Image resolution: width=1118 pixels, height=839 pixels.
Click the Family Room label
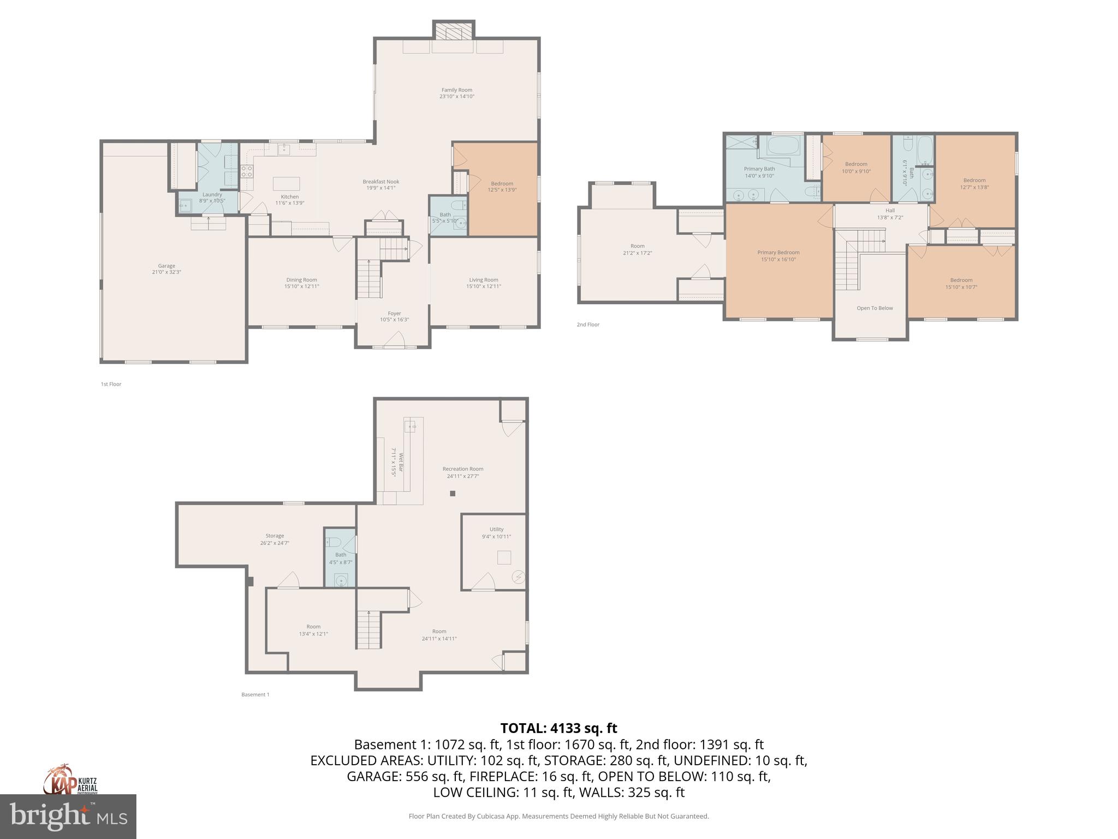point(456,90)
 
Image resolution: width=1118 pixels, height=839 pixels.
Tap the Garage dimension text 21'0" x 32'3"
point(166,272)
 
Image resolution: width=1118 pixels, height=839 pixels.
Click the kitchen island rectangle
point(287,182)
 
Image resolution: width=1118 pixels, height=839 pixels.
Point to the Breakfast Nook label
point(380,182)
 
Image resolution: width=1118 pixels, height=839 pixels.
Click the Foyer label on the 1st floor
point(394,314)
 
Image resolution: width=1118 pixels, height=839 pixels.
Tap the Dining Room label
point(301,280)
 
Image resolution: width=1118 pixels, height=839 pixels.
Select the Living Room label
point(483,280)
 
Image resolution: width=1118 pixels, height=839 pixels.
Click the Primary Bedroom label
point(778,252)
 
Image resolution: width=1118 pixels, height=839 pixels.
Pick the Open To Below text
point(875,308)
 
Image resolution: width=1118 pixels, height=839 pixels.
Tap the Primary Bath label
point(759,169)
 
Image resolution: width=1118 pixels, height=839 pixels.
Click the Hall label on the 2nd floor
point(890,210)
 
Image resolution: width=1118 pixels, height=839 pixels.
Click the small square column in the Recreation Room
point(452,494)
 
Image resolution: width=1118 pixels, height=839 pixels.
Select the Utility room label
point(496,529)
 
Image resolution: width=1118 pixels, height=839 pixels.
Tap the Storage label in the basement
point(275,536)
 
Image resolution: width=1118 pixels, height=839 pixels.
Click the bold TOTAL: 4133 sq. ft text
point(558,728)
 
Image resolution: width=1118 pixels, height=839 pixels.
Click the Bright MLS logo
point(68,816)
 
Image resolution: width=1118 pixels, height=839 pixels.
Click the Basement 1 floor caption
point(255,695)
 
